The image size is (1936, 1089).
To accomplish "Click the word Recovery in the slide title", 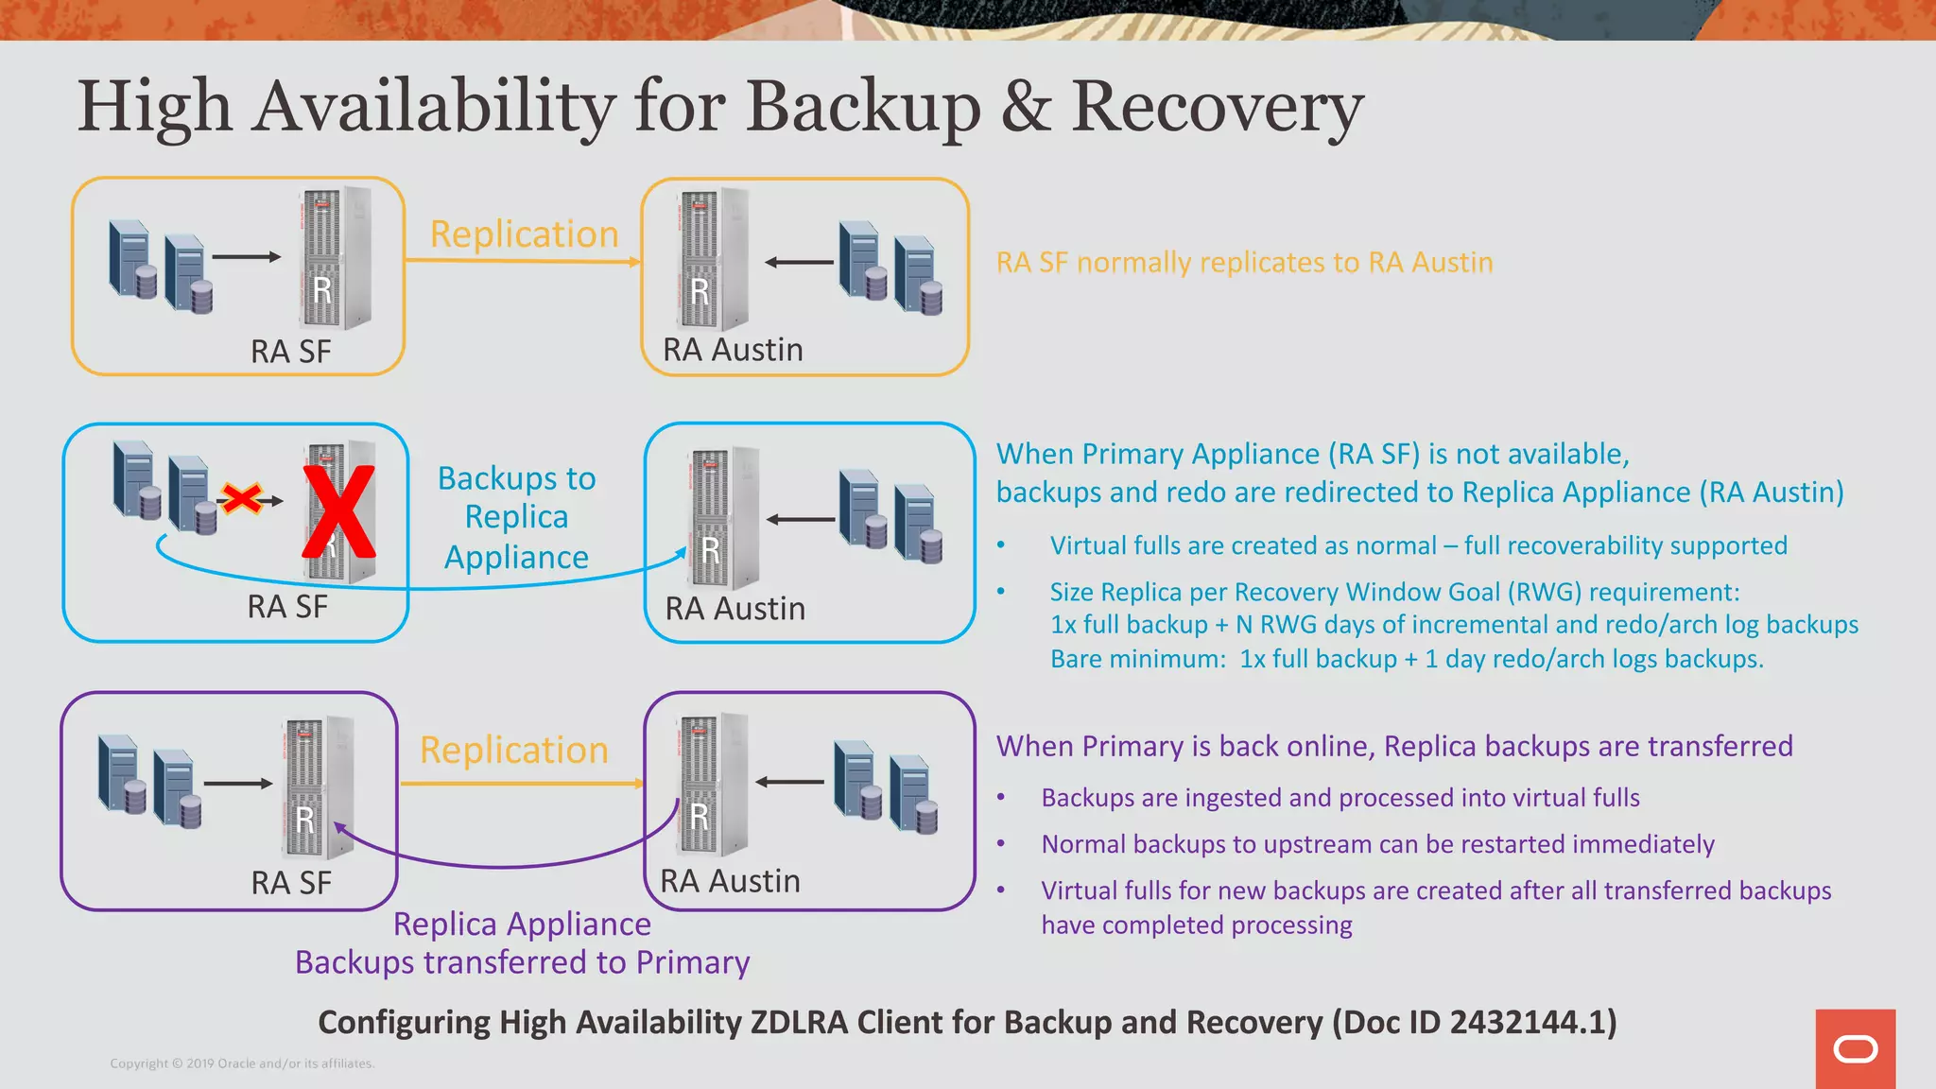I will tap(1217, 107).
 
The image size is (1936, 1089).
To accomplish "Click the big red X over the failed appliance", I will tap(338, 511).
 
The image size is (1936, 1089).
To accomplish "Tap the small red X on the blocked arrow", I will tap(242, 498).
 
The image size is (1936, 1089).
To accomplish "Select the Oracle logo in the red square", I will tap(1855, 1049).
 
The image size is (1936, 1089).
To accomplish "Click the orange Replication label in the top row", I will tap(524, 234).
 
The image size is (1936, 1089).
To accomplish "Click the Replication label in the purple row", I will tap(513, 751).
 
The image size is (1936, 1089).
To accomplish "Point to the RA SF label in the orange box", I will tap(290, 352).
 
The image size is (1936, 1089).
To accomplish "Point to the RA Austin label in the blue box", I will tap(735, 609).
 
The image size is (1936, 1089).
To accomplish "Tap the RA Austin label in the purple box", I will tap(730, 881).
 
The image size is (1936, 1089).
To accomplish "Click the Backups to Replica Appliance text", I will tap(516, 518).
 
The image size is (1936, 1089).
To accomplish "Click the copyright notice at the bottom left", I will tap(242, 1063).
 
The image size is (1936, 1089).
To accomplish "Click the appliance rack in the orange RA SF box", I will tap(335, 257).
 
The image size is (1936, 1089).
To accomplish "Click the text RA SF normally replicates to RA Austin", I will tap(1244, 262).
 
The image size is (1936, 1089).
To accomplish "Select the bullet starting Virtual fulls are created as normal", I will tap(1418, 545).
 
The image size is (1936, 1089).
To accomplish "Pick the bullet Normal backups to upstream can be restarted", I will tap(1377, 844).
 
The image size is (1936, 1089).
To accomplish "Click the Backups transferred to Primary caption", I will tap(522, 962).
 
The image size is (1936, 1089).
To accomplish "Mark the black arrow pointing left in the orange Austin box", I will tap(799, 262).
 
